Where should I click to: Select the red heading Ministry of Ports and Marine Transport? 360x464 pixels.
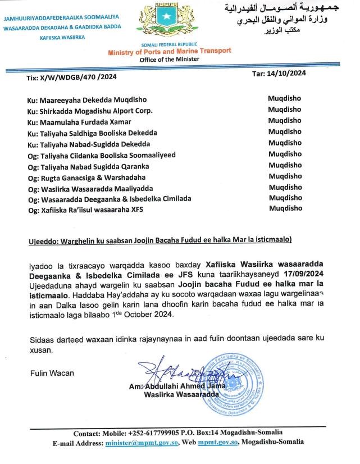click(x=170, y=52)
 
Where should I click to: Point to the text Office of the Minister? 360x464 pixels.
click(x=169, y=59)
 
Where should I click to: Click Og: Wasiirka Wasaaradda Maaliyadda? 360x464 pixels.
click(x=90, y=188)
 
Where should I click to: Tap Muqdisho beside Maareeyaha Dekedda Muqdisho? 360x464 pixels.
click(x=284, y=98)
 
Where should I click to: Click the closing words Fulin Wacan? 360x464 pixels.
click(x=51, y=373)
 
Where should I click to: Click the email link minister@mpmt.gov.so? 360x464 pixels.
click(x=142, y=443)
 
